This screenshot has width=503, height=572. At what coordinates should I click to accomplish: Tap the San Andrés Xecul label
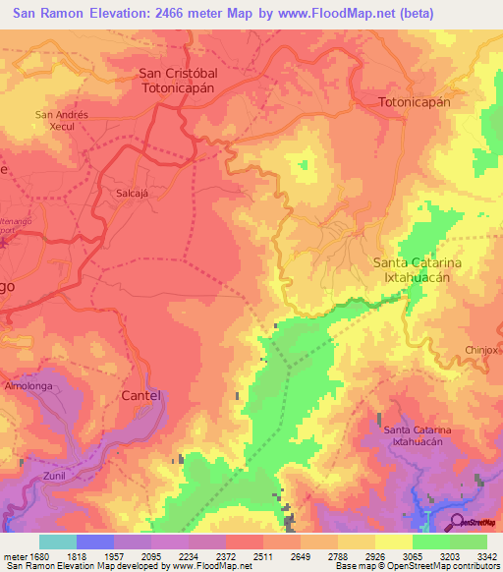(63, 121)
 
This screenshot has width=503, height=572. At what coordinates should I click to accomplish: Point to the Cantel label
(140, 395)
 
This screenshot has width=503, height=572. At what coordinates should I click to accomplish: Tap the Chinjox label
(483, 351)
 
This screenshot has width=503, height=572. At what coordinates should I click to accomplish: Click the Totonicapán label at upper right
(415, 101)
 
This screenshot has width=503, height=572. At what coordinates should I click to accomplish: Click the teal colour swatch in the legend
(57, 542)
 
